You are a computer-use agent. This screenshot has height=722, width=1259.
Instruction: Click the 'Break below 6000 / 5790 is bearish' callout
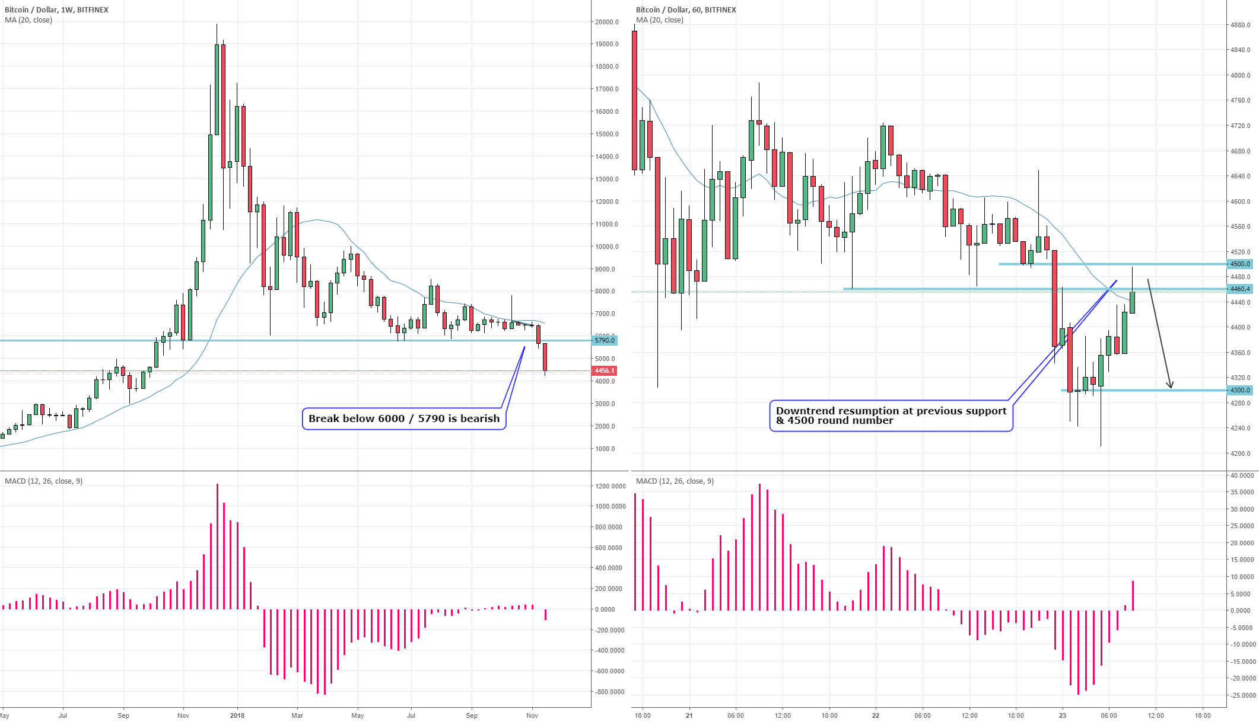click(404, 418)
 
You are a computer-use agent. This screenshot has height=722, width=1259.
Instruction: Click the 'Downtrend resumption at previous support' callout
click(891, 416)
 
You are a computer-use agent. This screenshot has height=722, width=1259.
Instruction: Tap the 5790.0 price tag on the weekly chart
click(605, 340)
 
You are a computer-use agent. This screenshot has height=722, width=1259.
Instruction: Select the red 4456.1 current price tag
click(605, 370)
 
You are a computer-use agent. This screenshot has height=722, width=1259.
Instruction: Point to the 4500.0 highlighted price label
click(1240, 264)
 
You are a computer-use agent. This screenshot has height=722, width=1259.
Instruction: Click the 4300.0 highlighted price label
click(1240, 390)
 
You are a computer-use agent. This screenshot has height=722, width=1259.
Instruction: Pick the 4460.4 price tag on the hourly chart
click(1240, 289)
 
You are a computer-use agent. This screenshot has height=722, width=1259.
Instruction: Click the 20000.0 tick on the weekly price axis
click(607, 22)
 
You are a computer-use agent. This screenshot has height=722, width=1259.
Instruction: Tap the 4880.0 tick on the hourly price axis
click(1240, 25)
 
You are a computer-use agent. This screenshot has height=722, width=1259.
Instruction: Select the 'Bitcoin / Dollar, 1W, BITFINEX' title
click(56, 10)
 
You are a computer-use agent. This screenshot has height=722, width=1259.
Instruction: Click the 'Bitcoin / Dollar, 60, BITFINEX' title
click(686, 10)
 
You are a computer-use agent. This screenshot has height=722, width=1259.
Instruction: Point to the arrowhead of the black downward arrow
click(1170, 386)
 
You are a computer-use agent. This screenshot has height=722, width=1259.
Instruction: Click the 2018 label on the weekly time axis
click(237, 715)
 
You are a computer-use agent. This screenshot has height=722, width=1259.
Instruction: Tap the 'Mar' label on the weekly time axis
click(297, 715)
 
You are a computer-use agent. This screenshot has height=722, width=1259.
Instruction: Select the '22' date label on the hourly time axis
click(876, 715)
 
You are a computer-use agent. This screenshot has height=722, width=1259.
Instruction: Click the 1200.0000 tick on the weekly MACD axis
click(610, 486)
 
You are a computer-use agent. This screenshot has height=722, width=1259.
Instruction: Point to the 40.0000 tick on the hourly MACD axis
click(1242, 475)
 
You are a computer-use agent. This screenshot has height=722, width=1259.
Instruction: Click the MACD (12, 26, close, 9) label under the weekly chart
click(43, 481)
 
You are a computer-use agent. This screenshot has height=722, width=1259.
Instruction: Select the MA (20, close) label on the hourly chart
click(659, 20)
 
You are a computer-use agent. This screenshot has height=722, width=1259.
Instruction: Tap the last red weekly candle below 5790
click(545, 357)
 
